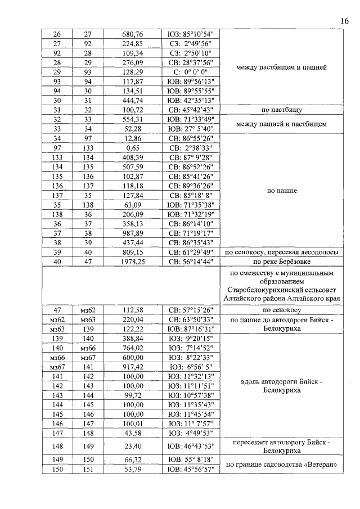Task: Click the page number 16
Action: point(344,21)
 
